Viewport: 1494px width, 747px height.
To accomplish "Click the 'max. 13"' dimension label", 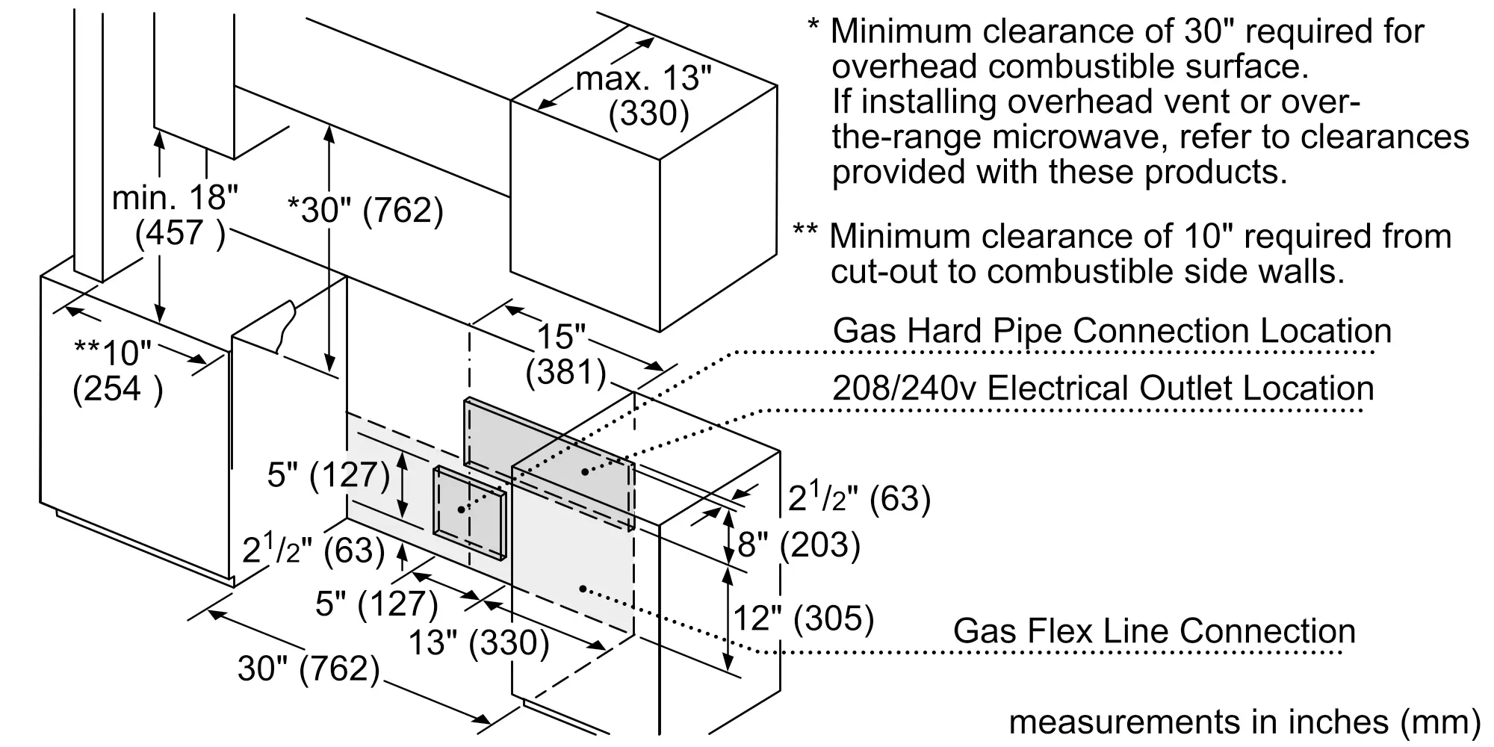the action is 644,78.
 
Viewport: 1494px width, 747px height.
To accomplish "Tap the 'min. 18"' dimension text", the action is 175,198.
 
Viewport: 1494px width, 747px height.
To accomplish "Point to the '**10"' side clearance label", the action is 113,351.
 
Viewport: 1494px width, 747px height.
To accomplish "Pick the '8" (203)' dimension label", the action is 799,545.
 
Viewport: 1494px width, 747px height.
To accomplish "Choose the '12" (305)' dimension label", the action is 804,618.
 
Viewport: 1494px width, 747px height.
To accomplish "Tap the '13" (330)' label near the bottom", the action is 479,642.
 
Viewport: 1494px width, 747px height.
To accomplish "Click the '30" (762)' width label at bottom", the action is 309,668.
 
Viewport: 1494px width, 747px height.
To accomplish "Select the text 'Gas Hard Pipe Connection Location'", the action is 1112,330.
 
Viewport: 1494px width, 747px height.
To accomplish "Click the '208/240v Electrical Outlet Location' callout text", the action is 1103,388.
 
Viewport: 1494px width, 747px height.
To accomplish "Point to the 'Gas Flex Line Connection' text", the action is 1154,631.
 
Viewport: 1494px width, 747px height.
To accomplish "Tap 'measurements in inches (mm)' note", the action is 1245,722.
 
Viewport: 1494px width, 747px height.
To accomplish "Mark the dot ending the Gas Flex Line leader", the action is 583,589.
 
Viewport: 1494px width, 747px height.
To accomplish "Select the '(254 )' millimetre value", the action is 117,388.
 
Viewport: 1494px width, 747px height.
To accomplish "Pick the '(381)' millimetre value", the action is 565,372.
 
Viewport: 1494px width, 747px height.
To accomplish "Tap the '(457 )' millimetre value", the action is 180,233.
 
